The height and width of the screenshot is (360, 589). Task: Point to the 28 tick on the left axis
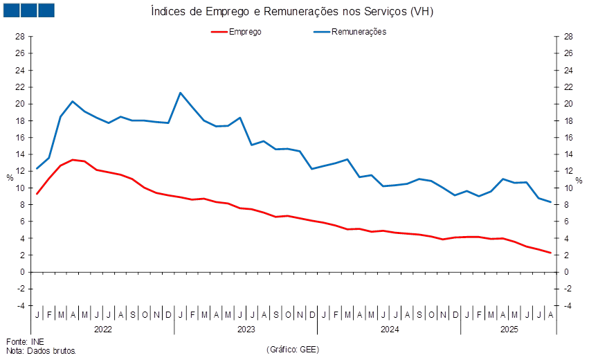coord(21,37)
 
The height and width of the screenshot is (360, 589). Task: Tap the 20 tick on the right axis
coord(568,104)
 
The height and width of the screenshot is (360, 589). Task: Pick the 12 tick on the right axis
coord(568,171)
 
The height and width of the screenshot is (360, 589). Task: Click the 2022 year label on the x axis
coord(102,329)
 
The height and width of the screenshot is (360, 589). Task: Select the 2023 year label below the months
coord(246,329)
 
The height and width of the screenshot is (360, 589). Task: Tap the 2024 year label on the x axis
coord(390,329)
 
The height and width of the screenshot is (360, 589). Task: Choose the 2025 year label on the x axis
coord(509,329)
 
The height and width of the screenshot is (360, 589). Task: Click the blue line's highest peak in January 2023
coord(181,92)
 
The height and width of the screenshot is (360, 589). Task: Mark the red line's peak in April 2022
coord(73,159)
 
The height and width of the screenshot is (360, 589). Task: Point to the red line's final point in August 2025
coord(551,253)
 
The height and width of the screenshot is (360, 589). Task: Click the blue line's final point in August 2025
coord(551,202)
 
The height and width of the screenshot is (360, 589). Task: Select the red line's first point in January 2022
coord(37,194)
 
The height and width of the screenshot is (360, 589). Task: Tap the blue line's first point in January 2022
coord(37,168)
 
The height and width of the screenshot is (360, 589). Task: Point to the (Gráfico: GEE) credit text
coord(292,349)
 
